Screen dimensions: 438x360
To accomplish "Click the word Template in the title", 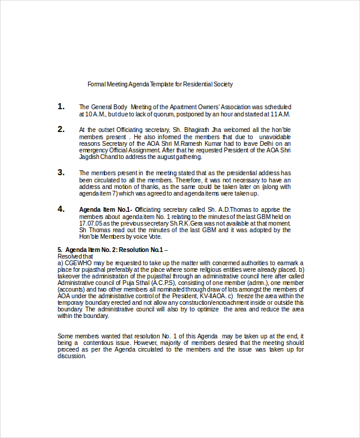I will point(155,85).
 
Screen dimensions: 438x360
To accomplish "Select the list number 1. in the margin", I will point(61,106).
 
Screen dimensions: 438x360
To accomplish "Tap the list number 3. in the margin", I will point(61,172).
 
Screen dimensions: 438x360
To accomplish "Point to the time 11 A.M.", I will point(280,114).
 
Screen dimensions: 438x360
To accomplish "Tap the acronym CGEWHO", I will point(79,263).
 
